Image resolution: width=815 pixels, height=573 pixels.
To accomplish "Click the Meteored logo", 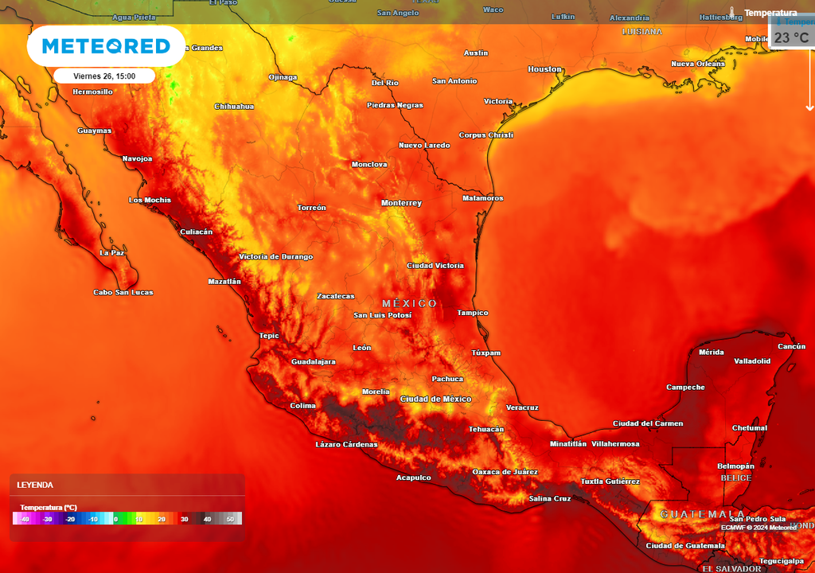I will pos(106,46).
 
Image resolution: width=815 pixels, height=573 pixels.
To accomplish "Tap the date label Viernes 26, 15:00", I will pos(104,76).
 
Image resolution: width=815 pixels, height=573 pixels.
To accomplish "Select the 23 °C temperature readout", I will pos(792,37).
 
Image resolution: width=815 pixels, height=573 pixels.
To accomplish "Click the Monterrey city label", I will pos(401,203).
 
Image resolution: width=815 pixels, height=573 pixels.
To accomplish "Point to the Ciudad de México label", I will pos(435,399).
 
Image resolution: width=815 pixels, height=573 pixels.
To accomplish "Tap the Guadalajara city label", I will pos(313,361).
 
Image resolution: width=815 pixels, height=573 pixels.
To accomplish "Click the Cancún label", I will pos(791,346).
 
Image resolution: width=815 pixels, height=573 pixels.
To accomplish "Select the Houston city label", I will pos(544,69).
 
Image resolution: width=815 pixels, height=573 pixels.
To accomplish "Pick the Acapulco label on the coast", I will pos(413,477).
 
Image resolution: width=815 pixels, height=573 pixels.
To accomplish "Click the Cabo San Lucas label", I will pos(123,292).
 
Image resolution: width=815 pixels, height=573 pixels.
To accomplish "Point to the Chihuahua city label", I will pos(234,106).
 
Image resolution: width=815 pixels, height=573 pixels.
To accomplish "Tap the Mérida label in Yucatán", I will pos(711,352).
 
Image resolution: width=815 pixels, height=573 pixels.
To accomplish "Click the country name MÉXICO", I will pos(409,303).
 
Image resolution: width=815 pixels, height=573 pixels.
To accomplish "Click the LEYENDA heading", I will pos(35,485).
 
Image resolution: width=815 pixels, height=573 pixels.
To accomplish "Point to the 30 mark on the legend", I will pos(184,519).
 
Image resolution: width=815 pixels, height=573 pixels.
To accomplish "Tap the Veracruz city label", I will pos(522,407).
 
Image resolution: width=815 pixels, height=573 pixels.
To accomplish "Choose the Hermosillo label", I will pos(92,92).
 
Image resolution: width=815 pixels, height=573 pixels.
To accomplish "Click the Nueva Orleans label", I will pos(698,64).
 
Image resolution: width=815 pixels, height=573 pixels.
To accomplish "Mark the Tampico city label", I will pos(472,313).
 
